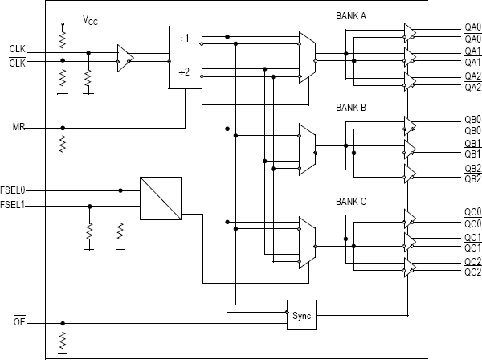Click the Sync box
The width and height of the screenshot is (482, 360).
[x=300, y=315]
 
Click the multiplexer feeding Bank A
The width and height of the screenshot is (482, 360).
[x=306, y=57]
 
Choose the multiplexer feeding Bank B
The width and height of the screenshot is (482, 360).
[x=306, y=149]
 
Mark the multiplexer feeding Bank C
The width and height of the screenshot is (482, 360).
[x=306, y=242]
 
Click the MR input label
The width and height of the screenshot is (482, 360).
[x=18, y=128]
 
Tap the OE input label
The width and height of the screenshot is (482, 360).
[x=18, y=323]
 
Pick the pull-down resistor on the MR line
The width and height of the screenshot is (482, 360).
[x=62, y=145]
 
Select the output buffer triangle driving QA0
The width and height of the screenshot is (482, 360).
[x=410, y=32]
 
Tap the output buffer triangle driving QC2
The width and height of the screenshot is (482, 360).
[x=410, y=267]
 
